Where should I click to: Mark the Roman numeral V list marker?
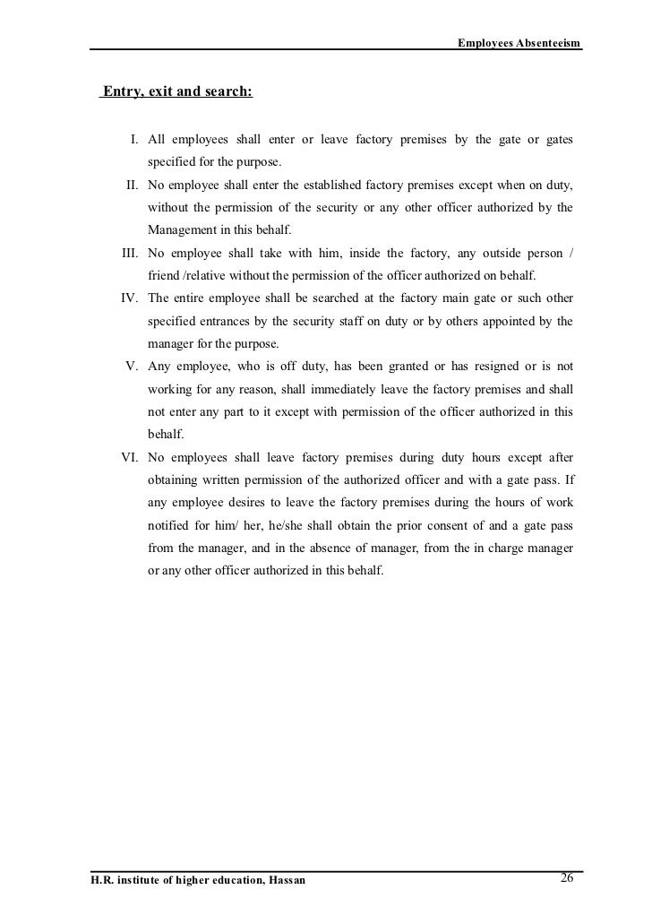point(131,367)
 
